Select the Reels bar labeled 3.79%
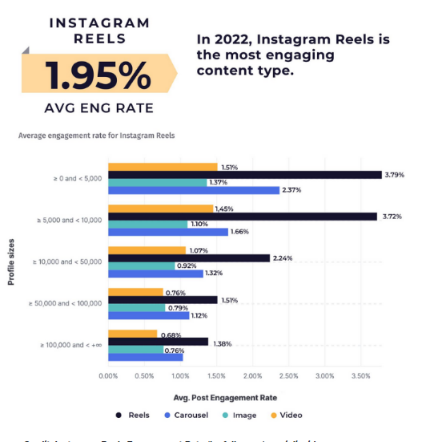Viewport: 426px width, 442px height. pos(244,175)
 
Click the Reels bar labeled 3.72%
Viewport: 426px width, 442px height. pos(242,217)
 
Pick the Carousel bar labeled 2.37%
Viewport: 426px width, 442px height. pos(194,190)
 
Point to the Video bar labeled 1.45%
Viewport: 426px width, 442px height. pos(160,209)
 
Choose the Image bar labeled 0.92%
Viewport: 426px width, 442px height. pos(141,266)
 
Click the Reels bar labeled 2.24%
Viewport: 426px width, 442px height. pos(189,258)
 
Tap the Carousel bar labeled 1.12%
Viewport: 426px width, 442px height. pos(148,315)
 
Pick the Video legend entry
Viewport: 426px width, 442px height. pos(287,416)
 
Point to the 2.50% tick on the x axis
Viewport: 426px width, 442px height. pos(288,375)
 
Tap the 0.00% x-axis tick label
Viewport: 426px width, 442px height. pos(108,375)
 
